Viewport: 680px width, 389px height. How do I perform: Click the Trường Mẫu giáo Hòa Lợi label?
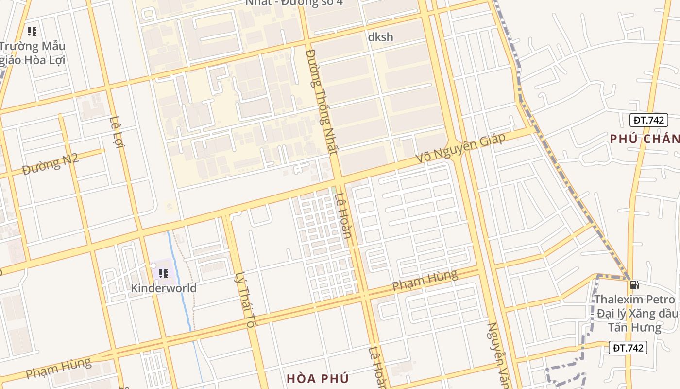[x=33, y=53]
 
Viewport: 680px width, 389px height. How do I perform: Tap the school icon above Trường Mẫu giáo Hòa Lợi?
[x=32, y=32]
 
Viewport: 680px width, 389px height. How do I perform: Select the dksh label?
[x=380, y=37]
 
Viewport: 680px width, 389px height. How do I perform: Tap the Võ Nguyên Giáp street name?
[x=460, y=148]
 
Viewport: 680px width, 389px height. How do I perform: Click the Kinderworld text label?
[x=164, y=288]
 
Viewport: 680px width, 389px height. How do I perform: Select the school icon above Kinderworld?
[x=164, y=273]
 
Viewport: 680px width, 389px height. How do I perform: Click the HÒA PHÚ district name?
[x=318, y=378]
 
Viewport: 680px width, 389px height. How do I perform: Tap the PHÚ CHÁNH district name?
[x=645, y=139]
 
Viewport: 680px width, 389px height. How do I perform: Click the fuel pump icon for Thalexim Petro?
[x=634, y=284]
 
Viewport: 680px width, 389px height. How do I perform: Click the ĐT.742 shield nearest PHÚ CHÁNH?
[x=648, y=120]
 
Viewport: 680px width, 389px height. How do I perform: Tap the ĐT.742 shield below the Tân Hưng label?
[x=628, y=348]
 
